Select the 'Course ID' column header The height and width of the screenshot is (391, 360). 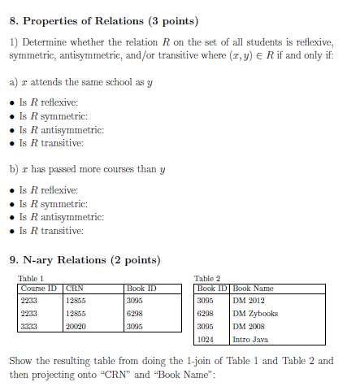[38, 288]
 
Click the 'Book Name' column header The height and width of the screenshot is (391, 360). [253, 288]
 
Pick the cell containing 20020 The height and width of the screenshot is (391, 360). [76, 326]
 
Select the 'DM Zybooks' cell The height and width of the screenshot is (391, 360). [255, 313]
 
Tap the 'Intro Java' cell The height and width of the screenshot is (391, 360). [251, 338]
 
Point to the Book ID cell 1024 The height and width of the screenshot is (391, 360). [205, 338]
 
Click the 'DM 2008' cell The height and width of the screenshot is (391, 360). [249, 326]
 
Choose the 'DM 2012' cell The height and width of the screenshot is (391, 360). [249, 300]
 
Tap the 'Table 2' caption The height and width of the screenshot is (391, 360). [207, 278]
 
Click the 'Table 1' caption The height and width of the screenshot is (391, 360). [30, 278]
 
